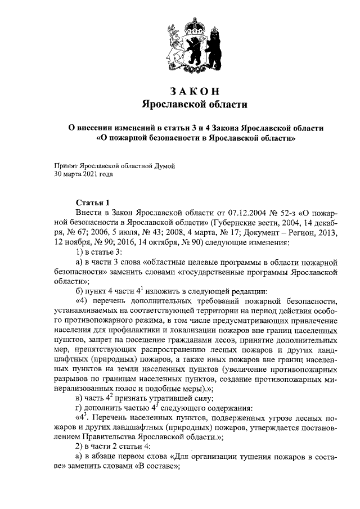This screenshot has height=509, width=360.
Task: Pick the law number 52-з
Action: [x=291, y=213]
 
